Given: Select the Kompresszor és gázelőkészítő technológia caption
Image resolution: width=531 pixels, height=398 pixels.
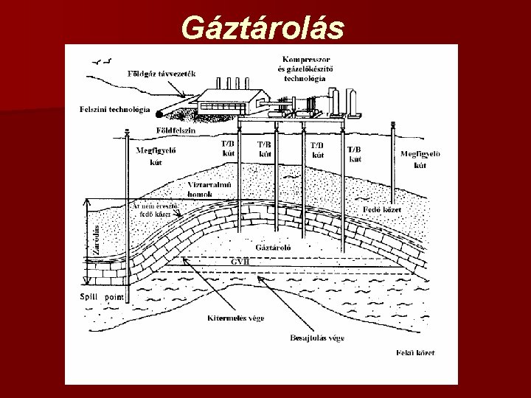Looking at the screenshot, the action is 306,69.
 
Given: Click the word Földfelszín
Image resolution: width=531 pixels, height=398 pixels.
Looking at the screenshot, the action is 176,130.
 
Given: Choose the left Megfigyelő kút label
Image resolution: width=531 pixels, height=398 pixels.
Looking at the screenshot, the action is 155,156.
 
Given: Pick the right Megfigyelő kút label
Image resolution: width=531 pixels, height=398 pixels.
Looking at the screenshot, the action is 420,159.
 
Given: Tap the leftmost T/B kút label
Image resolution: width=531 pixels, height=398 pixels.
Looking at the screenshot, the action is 229,148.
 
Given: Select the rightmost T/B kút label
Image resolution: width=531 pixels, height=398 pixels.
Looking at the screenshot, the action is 355,153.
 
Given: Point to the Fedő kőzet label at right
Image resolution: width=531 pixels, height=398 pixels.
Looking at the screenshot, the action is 383,209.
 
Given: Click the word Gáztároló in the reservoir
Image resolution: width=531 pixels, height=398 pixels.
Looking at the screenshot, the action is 273,247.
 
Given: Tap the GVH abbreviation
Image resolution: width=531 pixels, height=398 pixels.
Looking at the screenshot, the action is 240,260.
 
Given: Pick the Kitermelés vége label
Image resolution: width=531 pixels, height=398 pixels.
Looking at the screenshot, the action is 235,318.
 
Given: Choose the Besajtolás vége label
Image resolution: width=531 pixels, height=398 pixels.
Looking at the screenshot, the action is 316,338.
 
